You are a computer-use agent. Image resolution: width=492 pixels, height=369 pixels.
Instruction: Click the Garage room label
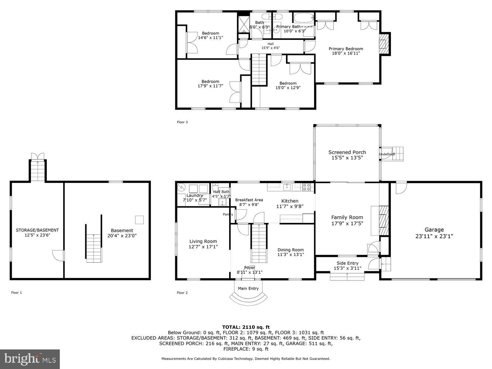pyautogui.click(x=434, y=230)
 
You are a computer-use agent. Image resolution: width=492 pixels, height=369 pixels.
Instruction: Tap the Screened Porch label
pyautogui.click(x=347, y=152)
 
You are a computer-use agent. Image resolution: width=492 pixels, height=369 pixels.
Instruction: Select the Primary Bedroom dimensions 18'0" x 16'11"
pyautogui.click(x=346, y=53)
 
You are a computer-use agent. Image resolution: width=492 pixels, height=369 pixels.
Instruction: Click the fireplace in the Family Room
pyautogui.click(x=384, y=220)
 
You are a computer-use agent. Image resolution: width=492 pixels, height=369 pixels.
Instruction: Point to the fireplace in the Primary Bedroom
pyautogui.click(x=384, y=44)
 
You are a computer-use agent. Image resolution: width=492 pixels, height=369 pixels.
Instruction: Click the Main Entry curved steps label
pyautogui.click(x=248, y=288)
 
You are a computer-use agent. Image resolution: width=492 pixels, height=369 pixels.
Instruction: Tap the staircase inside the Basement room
pyautogui.click(x=93, y=243)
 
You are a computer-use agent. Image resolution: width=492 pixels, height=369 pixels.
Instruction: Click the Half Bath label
pyautogui.click(x=221, y=192)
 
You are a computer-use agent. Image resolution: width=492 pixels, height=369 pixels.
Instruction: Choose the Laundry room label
pyautogui.click(x=195, y=195)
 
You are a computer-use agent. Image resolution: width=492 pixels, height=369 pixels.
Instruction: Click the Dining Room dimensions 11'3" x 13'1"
pyautogui.click(x=290, y=255)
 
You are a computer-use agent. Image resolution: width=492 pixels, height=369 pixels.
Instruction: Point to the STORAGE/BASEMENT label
pyautogui.click(x=37, y=230)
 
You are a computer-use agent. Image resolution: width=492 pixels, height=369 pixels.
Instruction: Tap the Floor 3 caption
pyautogui.click(x=182, y=122)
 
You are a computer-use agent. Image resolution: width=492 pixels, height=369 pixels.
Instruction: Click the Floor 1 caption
pyautogui.click(x=16, y=293)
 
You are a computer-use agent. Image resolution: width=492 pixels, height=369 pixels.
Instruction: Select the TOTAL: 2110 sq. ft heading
pyautogui.click(x=246, y=327)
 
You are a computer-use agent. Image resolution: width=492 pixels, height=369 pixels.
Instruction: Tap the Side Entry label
pyautogui.click(x=347, y=263)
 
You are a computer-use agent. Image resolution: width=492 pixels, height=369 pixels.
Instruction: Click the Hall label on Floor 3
pyautogui.click(x=271, y=44)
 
